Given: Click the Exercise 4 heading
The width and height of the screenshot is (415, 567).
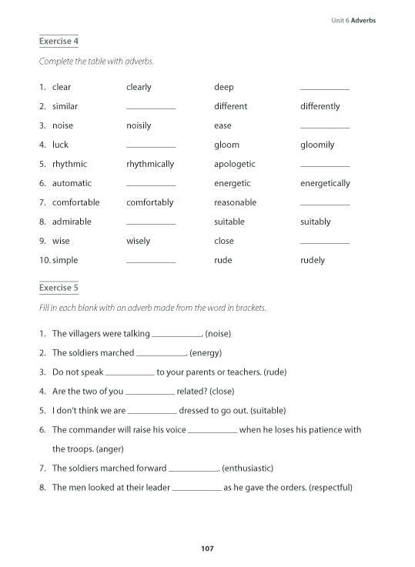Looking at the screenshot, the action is pos(59,40).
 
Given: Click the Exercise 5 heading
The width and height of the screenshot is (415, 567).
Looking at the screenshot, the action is pos(59,288).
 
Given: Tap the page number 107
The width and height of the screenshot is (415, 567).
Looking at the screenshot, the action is pos(206,549).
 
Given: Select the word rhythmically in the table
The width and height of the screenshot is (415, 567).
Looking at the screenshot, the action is pos(150,164).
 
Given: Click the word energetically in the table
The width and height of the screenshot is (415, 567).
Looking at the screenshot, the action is pos(325,183).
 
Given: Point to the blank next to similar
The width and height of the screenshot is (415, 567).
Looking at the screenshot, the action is pos(150,108).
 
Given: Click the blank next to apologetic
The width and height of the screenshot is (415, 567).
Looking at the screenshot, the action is pos(324,165).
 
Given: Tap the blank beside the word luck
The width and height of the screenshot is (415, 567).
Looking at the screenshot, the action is pos(150,146).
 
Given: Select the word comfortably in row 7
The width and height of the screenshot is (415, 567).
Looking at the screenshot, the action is pos(149,202).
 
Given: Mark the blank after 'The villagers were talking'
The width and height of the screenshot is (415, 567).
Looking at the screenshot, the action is pos(176,335).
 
